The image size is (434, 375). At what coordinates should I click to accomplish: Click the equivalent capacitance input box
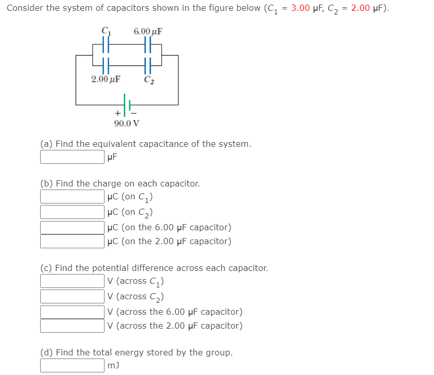[x=73, y=157]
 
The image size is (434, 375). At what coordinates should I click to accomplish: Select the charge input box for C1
[x=73, y=197]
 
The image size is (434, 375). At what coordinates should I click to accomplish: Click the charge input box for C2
[x=73, y=212]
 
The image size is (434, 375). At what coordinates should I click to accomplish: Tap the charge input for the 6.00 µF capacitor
[x=73, y=227]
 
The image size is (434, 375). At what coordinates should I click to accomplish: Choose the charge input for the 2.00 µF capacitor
[x=73, y=241]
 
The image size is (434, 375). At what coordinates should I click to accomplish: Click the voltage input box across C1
[x=73, y=281]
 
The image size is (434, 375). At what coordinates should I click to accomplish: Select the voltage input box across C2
[x=73, y=296]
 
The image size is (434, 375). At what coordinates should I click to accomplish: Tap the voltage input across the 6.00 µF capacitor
[x=73, y=312]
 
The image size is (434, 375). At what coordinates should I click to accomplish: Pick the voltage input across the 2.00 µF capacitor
[x=73, y=326]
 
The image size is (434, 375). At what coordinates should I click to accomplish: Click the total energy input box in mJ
[x=73, y=366]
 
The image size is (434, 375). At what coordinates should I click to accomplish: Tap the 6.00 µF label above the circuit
[x=148, y=31]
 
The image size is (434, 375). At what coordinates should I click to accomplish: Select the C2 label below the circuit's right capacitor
[x=149, y=80]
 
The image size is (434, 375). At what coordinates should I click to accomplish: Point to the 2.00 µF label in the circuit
[x=106, y=79]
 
